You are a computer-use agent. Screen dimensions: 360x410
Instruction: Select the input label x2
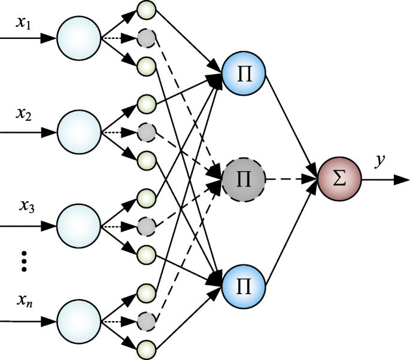click(25, 112)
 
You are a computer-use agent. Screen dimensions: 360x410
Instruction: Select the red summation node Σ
click(339, 179)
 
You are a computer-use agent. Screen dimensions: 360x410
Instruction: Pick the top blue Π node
click(244, 76)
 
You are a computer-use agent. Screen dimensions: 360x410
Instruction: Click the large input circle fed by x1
click(79, 38)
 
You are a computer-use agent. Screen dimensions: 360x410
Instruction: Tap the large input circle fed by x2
click(79, 131)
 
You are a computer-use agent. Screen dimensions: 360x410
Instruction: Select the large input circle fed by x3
click(79, 226)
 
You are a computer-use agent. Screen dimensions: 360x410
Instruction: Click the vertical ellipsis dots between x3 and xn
click(25, 261)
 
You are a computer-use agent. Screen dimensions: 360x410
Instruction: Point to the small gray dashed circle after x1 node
click(146, 38)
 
